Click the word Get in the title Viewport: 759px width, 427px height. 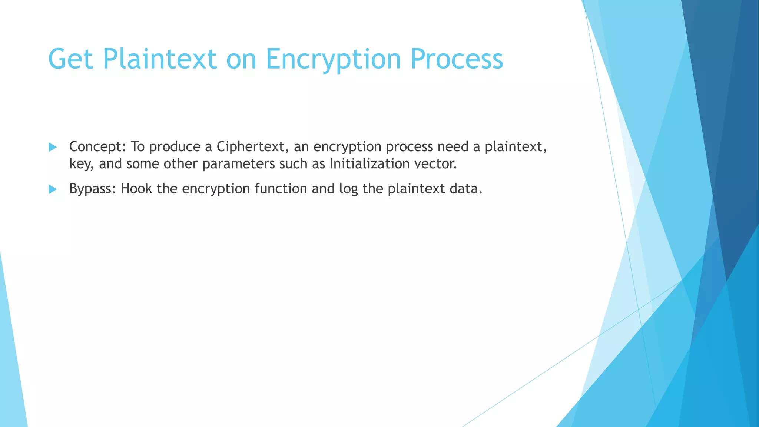(x=70, y=59)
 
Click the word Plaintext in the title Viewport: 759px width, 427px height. (x=159, y=59)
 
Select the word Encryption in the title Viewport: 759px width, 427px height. (x=333, y=59)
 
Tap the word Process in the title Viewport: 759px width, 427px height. (x=457, y=59)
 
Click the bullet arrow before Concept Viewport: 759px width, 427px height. (x=53, y=148)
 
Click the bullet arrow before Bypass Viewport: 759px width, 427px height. (x=53, y=190)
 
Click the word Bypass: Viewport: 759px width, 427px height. (x=93, y=189)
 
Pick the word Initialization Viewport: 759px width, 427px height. (x=369, y=164)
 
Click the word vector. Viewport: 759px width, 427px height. (x=435, y=164)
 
